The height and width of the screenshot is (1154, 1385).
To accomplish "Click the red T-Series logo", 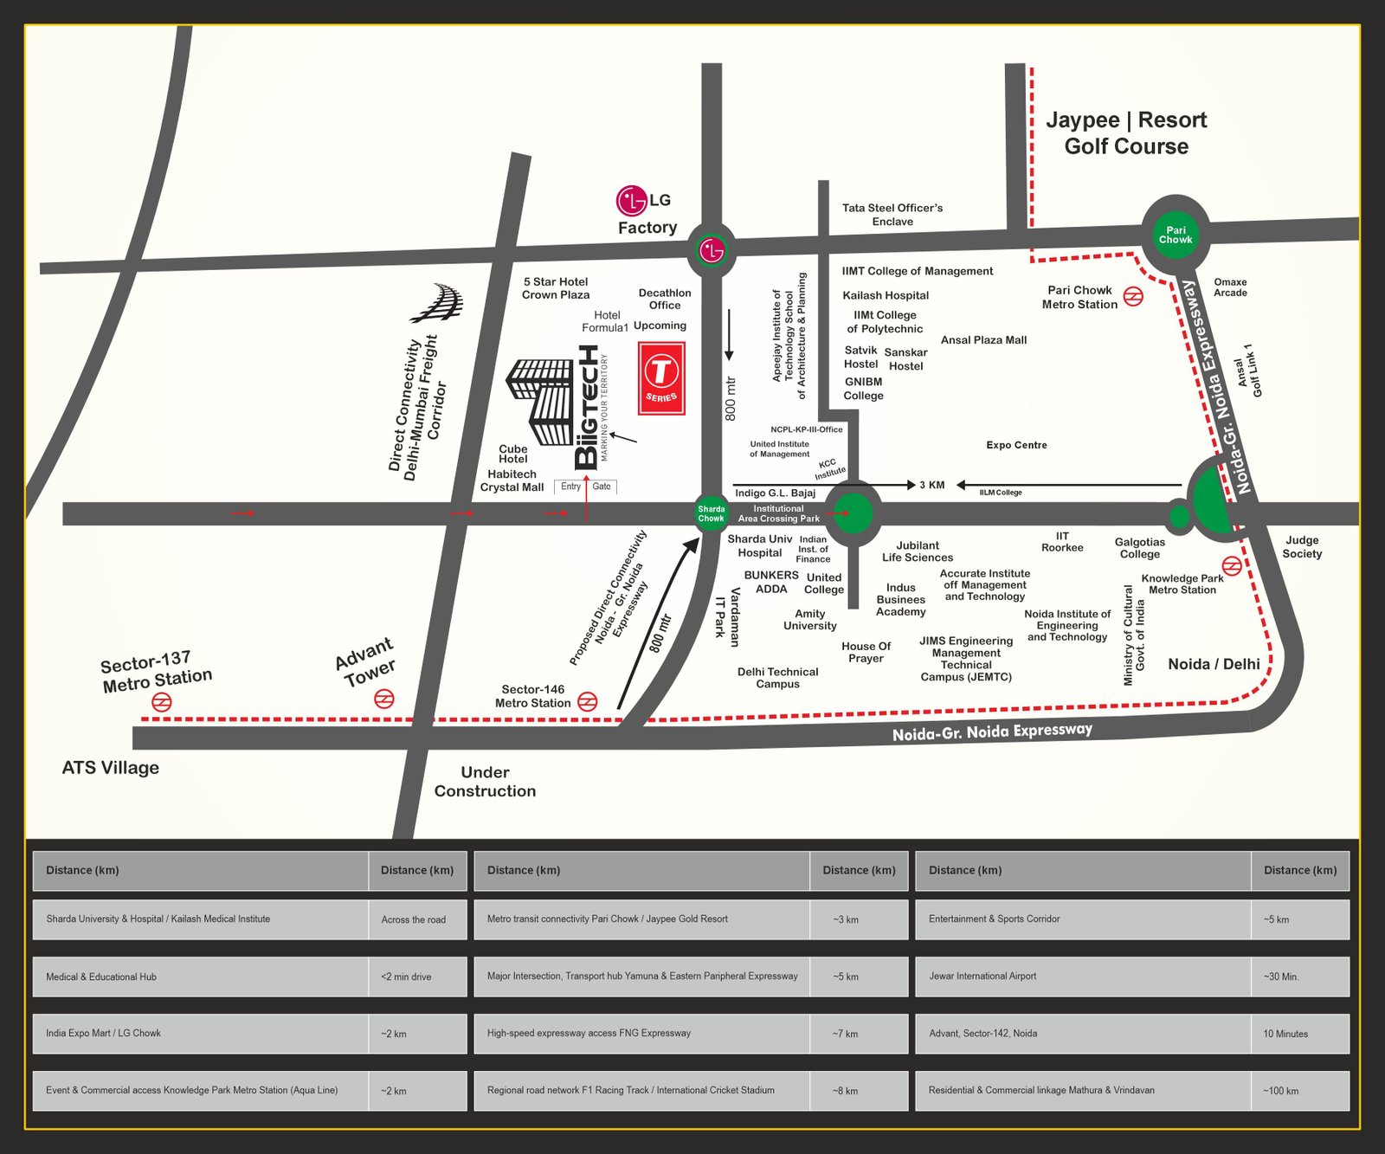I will tap(661, 378).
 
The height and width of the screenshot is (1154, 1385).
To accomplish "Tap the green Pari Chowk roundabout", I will tap(1175, 235).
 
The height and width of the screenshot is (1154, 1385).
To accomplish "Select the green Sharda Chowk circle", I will tap(712, 513).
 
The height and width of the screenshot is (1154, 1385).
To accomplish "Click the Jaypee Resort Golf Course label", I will tap(1125, 132).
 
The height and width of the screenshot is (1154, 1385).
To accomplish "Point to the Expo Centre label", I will tap(1016, 445).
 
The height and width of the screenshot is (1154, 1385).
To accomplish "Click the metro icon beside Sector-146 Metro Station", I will tap(587, 701).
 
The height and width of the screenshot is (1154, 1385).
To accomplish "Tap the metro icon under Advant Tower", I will tap(383, 699).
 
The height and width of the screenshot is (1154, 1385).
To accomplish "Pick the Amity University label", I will tap(809, 620).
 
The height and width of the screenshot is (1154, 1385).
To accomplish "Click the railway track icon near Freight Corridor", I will tap(439, 302).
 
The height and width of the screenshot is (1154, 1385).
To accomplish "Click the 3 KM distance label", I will tap(931, 485).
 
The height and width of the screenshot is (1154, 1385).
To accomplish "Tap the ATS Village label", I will tap(110, 768).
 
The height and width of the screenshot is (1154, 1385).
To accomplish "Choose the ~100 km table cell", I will tap(1299, 1091).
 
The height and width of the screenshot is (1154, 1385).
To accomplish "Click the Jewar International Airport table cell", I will tap(1082, 977).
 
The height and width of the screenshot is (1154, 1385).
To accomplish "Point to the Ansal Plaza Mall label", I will tap(983, 340).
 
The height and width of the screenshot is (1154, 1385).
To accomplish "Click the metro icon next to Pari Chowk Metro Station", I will tap(1133, 297).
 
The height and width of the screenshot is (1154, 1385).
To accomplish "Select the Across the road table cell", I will tap(416, 919).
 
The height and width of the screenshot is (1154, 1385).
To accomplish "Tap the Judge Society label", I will tap(1301, 546).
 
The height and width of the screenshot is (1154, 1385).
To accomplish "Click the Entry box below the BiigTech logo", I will tap(570, 487).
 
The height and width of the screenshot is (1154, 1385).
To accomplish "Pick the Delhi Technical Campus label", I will tap(777, 678).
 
